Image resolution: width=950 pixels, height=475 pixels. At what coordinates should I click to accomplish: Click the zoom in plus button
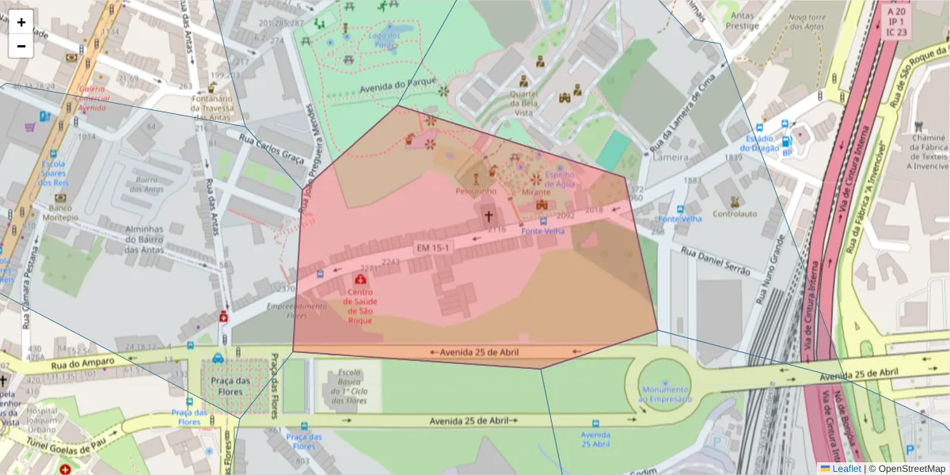[x=21, y=22]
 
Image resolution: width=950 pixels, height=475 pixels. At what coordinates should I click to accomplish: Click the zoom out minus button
[x=21, y=46]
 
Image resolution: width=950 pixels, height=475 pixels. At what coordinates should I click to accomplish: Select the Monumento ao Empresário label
[x=665, y=394]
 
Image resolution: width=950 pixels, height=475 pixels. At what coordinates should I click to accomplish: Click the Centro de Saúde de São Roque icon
[x=361, y=280]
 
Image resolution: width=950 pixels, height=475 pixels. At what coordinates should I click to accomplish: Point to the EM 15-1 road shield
[x=433, y=248]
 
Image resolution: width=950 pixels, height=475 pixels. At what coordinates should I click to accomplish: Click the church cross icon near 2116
[x=488, y=215]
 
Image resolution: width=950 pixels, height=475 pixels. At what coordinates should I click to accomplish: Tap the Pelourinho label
[x=476, y=191]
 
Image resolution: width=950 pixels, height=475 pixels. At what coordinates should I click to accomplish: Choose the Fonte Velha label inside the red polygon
[x=542, y=231]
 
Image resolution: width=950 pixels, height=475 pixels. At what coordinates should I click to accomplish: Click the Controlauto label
[x=735, y=214]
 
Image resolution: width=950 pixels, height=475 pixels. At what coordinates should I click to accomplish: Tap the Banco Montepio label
[x=61, y=213]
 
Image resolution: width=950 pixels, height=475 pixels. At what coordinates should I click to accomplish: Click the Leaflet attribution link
[x=846, y=468]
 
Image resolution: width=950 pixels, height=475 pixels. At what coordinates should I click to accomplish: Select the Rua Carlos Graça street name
[x=272, y=147]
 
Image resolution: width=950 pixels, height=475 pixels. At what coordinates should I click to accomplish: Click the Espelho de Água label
[x=560, y=180]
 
